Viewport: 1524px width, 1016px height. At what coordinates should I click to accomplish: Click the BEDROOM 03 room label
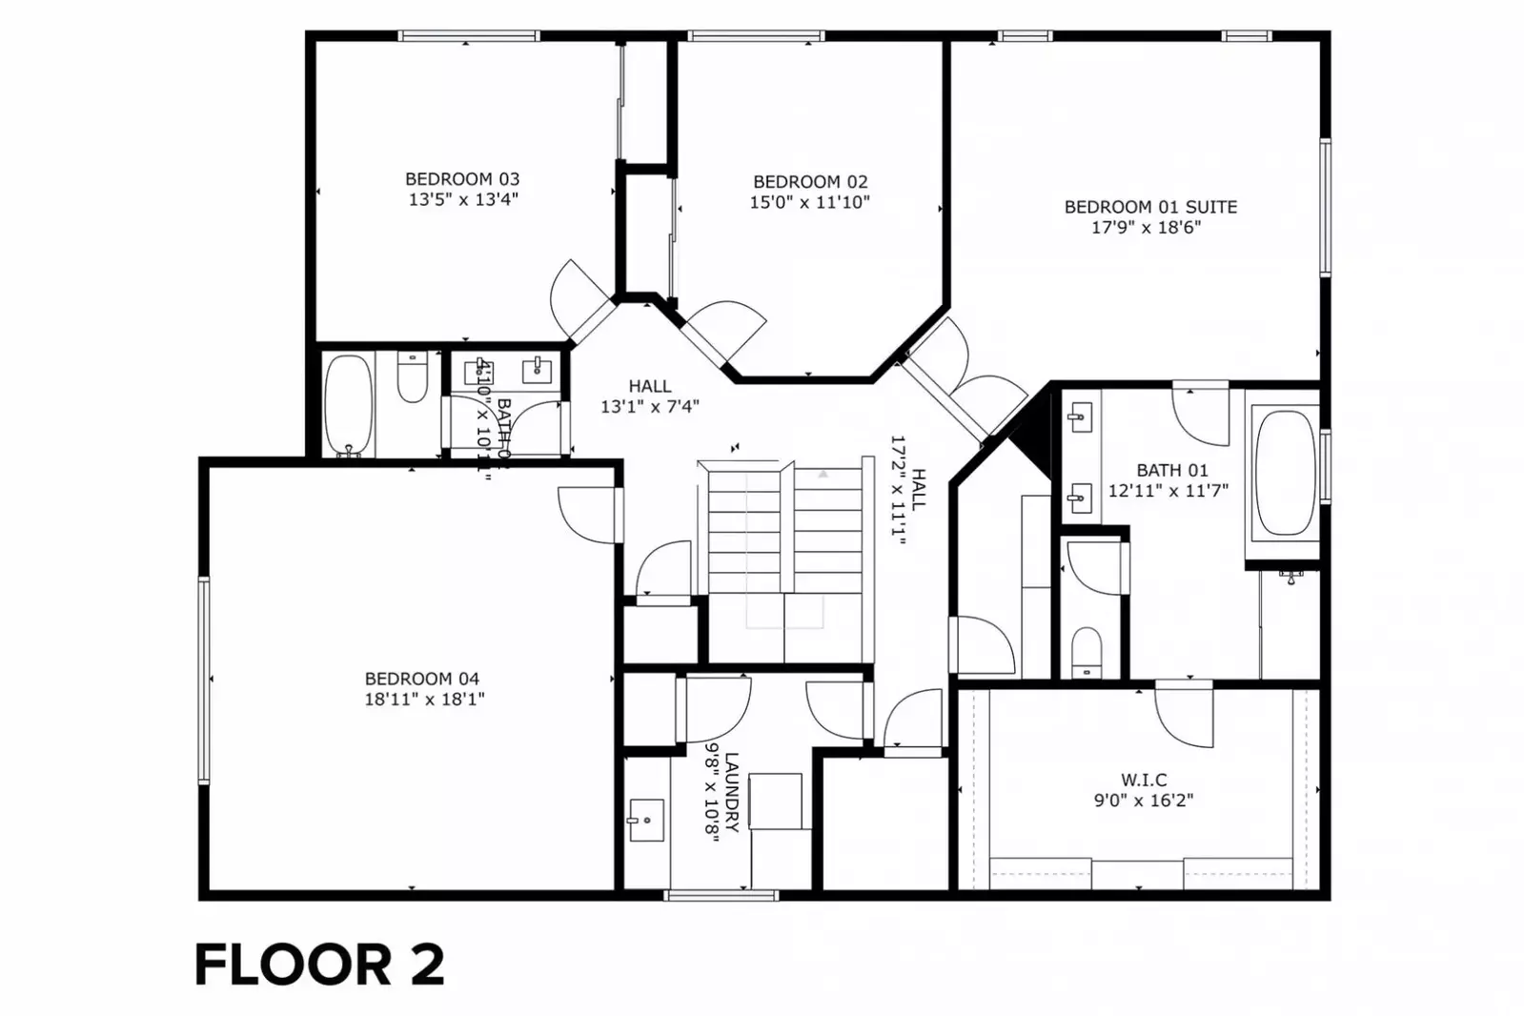(462, 179)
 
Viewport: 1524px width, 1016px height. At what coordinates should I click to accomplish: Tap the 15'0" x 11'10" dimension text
(809, 202)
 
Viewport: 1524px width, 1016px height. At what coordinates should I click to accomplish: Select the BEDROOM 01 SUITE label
(1150, 207)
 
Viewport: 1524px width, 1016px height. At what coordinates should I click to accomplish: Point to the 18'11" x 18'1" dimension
(424, 700)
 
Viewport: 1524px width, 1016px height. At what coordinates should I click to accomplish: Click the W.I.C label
(1143, 780)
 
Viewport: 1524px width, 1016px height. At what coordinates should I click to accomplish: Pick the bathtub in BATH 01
(1285, 473)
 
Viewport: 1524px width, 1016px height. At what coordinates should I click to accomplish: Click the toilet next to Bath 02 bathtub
(412, 378)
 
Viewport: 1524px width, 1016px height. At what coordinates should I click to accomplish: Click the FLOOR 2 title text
(319, 965)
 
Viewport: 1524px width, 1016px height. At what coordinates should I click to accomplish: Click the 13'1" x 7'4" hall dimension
(649, 407)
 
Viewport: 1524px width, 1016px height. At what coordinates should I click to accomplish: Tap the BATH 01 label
(1171, 471)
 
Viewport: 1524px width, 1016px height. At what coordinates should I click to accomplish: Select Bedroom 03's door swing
(577, 297)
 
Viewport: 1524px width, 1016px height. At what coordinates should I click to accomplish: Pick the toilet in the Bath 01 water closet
(1087, 651)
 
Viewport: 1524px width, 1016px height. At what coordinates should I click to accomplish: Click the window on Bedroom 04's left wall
(204, 680)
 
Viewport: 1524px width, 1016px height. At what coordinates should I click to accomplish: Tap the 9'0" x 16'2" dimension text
(1143, 801)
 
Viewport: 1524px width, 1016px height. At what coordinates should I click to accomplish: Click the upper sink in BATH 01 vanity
(1079, 416)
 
